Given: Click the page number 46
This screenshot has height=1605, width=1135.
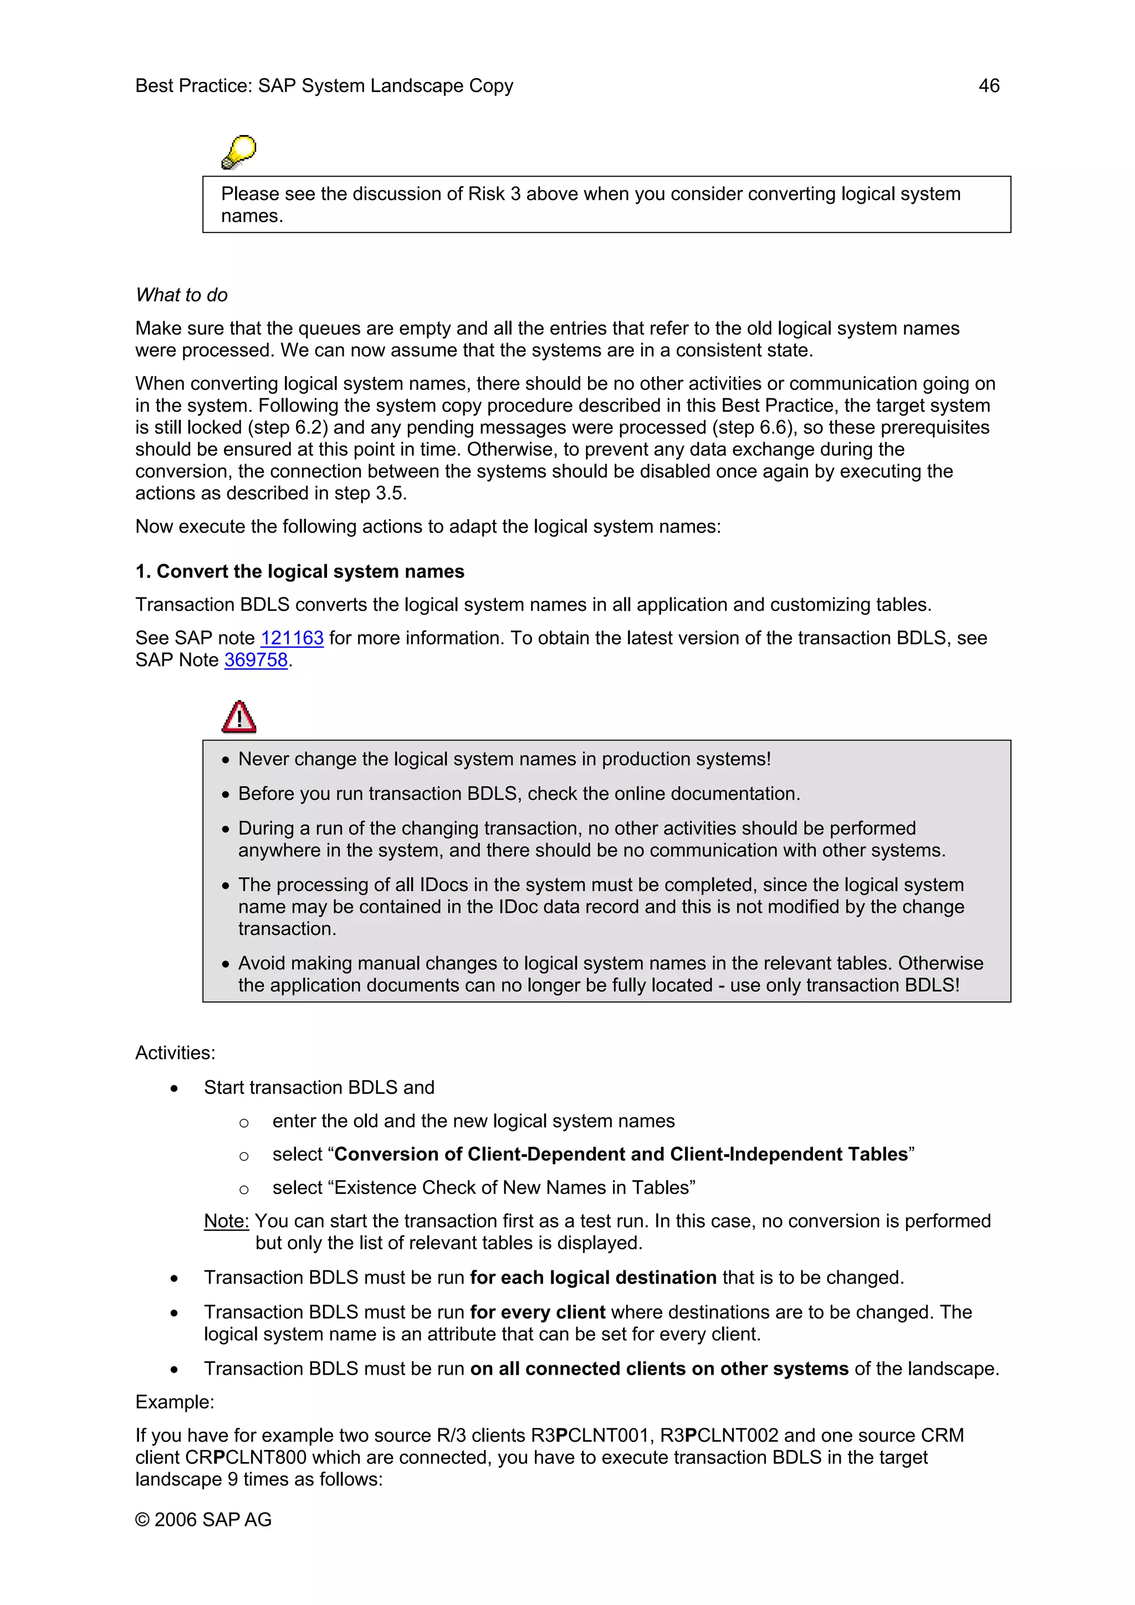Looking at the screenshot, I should click(988, 86).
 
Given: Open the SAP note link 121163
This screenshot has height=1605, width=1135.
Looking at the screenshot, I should click(292, 638).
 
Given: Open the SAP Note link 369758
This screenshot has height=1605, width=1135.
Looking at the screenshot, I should click(256, 660).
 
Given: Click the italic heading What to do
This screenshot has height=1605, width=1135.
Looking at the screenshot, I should click(182, 295).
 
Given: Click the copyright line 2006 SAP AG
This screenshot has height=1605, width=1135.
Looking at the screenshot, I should click(203, 1519).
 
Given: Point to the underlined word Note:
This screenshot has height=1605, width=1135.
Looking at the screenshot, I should click(226, 1221).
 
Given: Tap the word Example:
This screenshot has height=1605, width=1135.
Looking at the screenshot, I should click(175, 1402).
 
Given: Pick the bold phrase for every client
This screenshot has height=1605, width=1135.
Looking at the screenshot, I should click(537, 1312).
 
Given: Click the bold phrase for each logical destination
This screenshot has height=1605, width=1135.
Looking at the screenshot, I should click(593, 1278).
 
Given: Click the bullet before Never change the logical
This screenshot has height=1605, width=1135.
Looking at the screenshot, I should click(225, 760).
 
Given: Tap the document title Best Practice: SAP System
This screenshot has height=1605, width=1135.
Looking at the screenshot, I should click(324, 86).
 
